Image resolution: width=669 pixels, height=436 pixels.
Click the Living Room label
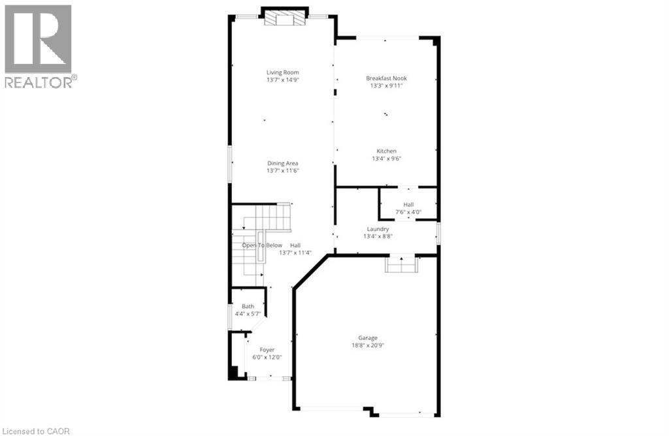pos(282,72)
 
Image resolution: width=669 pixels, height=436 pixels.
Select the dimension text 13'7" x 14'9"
pos(282,80)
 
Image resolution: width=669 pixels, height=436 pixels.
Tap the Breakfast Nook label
pos(390,78)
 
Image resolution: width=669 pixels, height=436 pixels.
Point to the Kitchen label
pos(384,151)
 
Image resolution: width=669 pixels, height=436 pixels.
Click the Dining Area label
pos(282,164)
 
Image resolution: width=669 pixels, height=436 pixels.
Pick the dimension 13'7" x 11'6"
pos(282,171)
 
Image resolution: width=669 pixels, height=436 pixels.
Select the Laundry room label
pos(378,229)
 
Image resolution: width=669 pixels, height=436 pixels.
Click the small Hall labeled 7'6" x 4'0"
pos(408,205)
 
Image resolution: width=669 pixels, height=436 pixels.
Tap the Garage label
pos(367,338)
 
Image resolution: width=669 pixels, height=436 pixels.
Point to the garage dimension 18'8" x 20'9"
pos(367,345)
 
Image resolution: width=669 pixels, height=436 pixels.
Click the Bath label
pos(248,307)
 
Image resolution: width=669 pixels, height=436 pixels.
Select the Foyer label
pos(267,350)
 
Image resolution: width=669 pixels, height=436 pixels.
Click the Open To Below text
pos(262,245)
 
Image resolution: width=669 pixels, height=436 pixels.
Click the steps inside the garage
pos(401,264)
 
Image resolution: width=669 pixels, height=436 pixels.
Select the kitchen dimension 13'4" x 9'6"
pos(384,159)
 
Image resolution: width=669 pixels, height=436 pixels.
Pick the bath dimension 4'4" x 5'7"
pos(248,314)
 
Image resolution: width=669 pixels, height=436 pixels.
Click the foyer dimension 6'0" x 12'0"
pos(267,357)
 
